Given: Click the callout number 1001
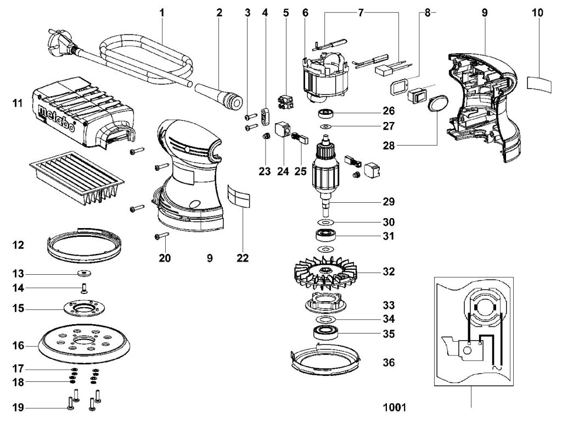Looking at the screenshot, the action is [395, 407].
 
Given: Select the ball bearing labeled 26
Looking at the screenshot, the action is [325, 114].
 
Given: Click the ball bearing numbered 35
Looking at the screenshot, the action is [325, 332].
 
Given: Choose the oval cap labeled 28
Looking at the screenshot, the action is [437, 104].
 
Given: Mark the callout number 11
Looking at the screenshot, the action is [17, 103].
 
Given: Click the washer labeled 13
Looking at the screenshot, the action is [85, 274].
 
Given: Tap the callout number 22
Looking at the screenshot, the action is [243, 258].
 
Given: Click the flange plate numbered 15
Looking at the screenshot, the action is [85, 309].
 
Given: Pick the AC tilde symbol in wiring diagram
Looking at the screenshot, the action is [497, 368].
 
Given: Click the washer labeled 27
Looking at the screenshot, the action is [325, 127].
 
